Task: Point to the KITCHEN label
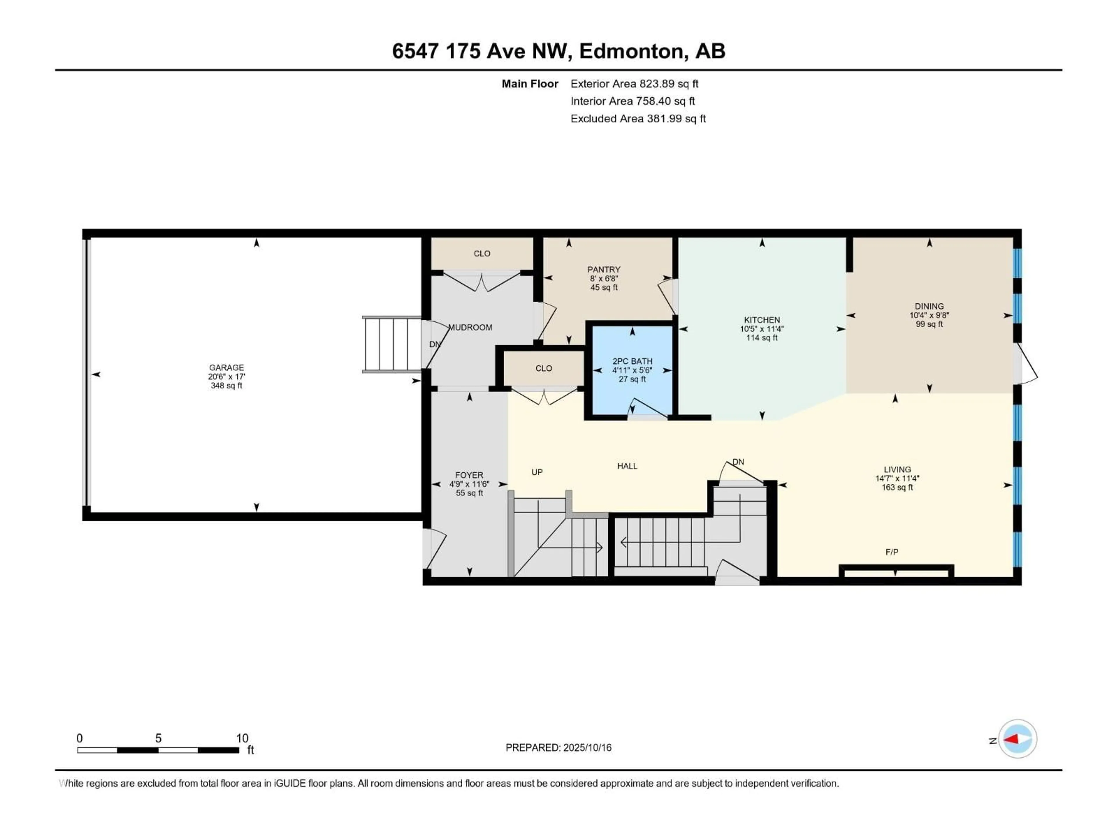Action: [x=762, y=320]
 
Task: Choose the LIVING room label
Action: [x=897, y=469]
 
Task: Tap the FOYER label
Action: [x=469, y=475]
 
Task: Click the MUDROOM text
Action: [x=470, y=327]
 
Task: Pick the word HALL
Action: [x=627, y=466]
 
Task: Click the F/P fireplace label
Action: [x=892, y=552]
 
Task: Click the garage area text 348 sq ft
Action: [x=227, y=386]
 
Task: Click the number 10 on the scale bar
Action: [x=242, y=738]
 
